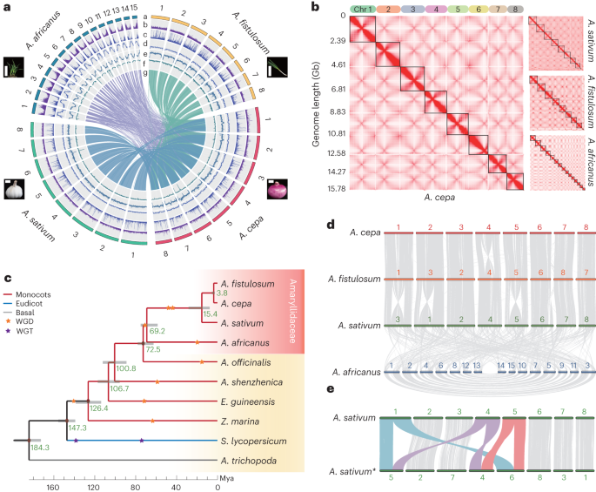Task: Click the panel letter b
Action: point(317,7)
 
